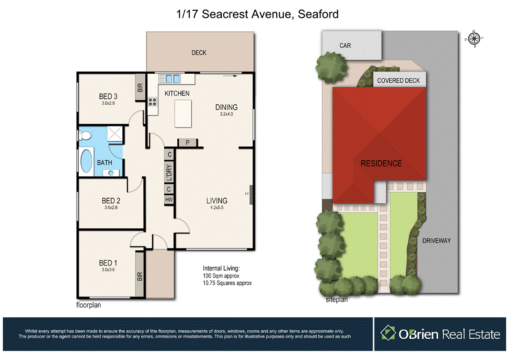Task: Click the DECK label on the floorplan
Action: coord(198,53)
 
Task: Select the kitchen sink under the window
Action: coord(172,79)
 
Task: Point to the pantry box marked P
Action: coord(187,143)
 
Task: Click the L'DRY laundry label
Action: coord(169,173)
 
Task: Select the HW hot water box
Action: coord(169,199)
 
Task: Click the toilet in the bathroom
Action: coord(84,135)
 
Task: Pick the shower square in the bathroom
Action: coord(115,135)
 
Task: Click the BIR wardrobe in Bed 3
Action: coord(140,87)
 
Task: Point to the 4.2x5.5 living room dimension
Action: coord(216,208)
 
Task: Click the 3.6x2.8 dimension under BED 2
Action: coord(111,207)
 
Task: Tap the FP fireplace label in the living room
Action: coord(247,194)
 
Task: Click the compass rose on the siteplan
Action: coord(474,39)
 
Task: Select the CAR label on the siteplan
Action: coord(345,45)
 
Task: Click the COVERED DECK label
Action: coord(398,81)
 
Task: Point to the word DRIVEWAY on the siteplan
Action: coord(436,241)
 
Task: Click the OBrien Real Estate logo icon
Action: coord(388,333)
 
